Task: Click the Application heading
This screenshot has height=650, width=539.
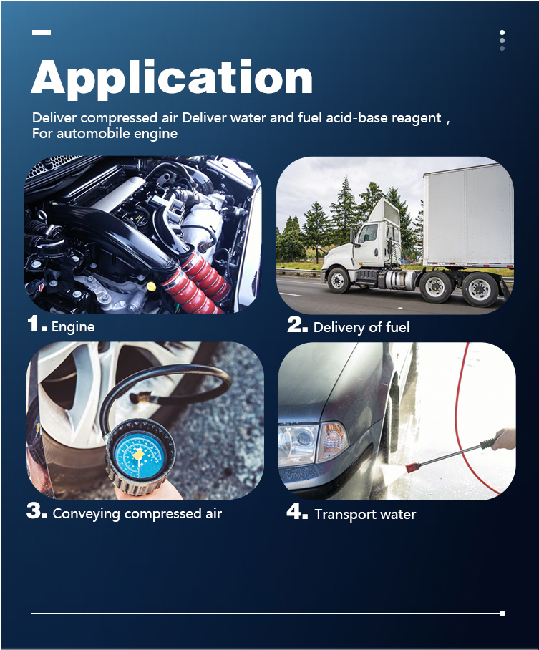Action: click(172, 79)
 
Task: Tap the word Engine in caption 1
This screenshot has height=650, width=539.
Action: click(73, 327)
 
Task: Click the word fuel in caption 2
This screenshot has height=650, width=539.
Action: click(397, 327)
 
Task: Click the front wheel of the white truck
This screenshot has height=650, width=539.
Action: click(339, 280)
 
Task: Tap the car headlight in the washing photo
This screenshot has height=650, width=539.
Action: click(298, 443)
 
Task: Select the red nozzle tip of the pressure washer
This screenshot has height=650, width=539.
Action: click(412, 467)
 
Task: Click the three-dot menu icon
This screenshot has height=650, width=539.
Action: click(502, 40)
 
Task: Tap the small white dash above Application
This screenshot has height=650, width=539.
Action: click(42, 32)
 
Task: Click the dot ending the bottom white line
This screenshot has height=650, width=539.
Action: click(502, 613)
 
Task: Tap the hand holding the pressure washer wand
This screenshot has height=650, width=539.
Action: click(505, 440)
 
